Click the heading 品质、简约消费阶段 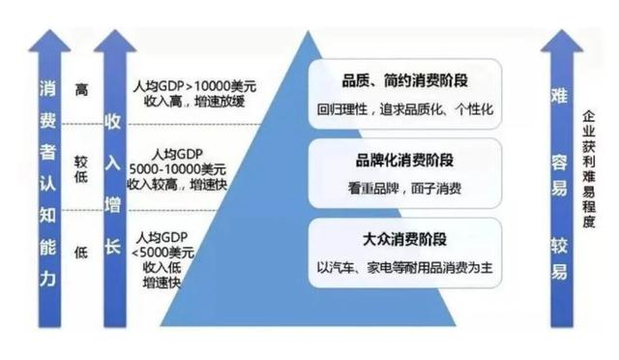pyautogui.click(x=404, y=78)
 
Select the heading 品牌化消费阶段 pyautogui.click(x=404, y=158)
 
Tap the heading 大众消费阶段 pyautogui.click(x=404, y=235)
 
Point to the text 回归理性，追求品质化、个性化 pyautogui.click(x=404, y=110)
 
